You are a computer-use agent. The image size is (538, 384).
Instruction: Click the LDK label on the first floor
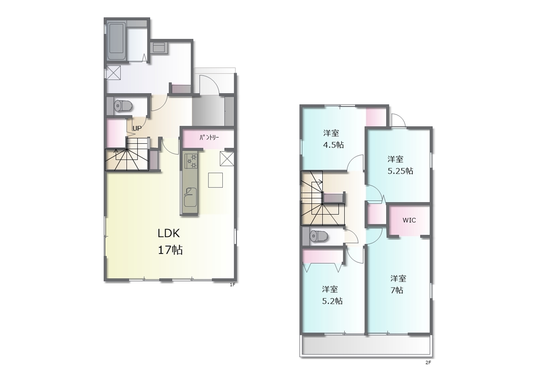pos(169,233)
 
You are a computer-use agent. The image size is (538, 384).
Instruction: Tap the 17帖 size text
pos(170,250)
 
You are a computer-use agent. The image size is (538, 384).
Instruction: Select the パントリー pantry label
pos(209,137)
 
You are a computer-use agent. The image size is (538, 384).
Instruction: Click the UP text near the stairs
pos(137,129)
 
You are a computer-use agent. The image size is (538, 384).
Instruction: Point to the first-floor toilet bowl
pos(123,105)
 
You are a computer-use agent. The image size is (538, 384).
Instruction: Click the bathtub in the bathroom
pos(117,41)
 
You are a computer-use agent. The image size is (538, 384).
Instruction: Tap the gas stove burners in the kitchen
pos(191,161)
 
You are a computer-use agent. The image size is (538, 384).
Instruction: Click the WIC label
pos(409,220)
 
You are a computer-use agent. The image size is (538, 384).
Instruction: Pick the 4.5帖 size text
pos(333,145)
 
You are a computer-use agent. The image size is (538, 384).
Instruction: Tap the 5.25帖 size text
pos(401,171)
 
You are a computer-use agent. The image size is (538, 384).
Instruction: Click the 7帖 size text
pos(397,290)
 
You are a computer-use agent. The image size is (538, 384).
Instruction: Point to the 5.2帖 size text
pos(332,301)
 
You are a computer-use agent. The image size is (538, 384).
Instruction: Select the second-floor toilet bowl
pos(319,237)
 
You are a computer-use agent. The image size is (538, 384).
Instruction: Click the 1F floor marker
pos(232,285)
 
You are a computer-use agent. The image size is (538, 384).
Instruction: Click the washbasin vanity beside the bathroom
pos(159,47)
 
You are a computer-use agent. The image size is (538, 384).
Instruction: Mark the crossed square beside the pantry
pos(227,159)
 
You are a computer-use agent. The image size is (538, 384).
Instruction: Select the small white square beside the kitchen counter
pos(216,180)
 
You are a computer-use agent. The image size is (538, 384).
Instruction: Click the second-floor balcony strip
pos(366,345)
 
